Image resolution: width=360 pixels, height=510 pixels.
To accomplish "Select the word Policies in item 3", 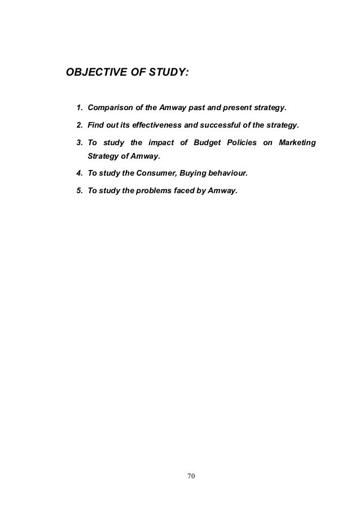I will coord(242,141).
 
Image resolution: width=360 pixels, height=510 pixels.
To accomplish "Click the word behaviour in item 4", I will coord(226,174).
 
